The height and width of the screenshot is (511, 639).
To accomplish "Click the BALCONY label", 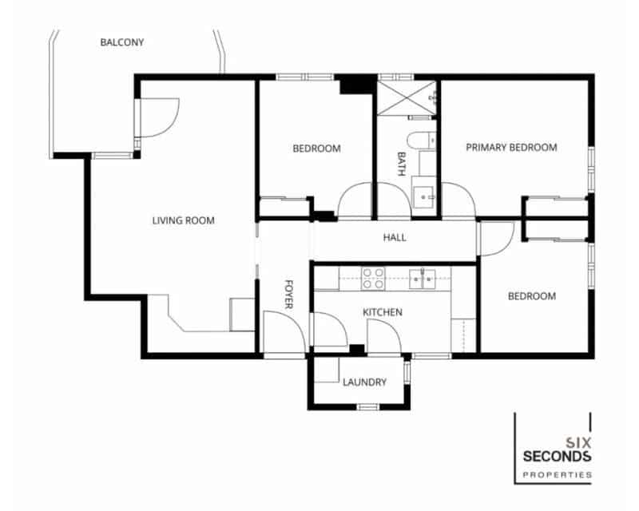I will point(122,42).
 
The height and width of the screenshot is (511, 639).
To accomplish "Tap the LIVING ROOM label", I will point(184,220).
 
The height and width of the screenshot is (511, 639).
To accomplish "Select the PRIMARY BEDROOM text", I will point(511,148).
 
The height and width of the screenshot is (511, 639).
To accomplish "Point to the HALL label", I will point(395,238).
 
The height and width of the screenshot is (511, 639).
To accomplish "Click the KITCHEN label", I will point(383,312).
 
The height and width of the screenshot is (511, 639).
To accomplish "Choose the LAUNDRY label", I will point(364,382).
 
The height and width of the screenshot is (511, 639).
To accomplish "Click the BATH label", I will point(402,165).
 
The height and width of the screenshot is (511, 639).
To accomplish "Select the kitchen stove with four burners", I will point(373,278).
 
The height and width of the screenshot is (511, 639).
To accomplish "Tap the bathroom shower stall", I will point(407,98).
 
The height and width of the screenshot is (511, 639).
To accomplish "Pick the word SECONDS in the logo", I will point(557,457).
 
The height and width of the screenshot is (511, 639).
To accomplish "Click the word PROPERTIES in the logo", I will point(557,475).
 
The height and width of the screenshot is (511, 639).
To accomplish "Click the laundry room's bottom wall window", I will point(367,407).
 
